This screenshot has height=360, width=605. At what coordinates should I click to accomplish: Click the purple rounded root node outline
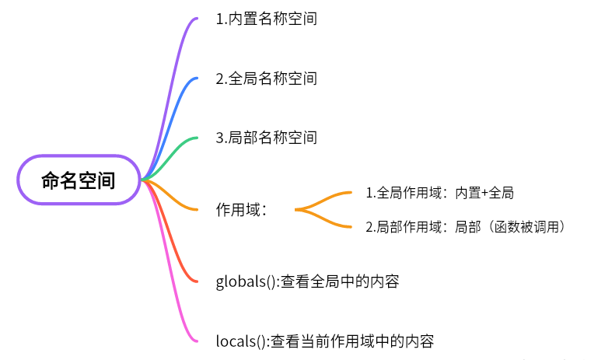[x=78, y=156]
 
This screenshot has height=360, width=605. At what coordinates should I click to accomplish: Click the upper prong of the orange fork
[x=330, y=195]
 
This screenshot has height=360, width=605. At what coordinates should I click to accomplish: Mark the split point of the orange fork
[x=298, y=209]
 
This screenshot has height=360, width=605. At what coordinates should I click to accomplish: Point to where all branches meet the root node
[x=142, y=180]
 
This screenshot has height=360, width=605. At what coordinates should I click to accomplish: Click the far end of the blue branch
[x=196, y=78]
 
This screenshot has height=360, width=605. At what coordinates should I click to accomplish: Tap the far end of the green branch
[x=196, y=138]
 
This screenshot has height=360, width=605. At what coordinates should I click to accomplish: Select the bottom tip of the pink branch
[x=196, y=341]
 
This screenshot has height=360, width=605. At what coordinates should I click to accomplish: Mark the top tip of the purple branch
[x=196, y=18]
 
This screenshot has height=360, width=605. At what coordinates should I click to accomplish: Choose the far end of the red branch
[x=196, y=281]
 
